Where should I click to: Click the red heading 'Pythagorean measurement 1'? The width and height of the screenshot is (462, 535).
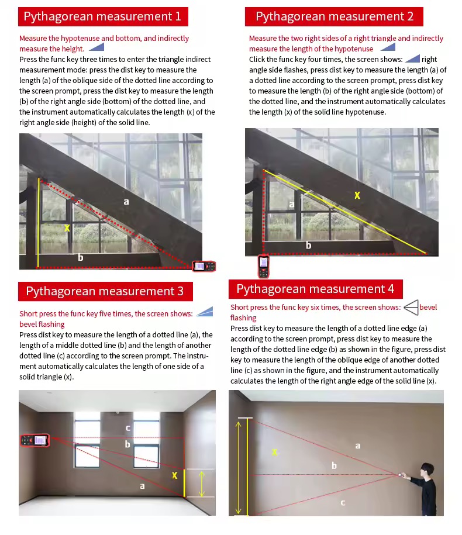click(x=102, y=16)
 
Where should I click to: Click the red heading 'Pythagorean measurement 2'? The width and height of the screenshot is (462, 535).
click(x=335, y=16)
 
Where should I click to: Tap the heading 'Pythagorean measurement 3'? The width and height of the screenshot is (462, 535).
click(x=105, y=291)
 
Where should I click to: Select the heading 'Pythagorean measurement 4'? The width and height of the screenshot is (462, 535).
click(x=315, y=289)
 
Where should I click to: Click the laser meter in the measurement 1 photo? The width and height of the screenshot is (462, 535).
click(x=204, y=266)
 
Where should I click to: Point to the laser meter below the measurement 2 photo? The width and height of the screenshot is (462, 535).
click(x=264, y=266)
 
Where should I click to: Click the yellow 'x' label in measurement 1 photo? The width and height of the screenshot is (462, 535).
click(x=67, y=227)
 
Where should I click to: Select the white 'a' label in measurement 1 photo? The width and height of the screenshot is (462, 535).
click(x=126, y=202)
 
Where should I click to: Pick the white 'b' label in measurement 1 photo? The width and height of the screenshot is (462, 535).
click(x=80, y=257)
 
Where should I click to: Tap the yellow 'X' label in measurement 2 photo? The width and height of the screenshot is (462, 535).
click(x=357, y=195)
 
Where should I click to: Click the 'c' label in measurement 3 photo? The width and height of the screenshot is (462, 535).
click(x=128, y=428)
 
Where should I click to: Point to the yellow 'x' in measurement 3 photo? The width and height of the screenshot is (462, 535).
click(x=174, y=475)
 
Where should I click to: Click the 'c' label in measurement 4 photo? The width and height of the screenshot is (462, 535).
click(x=343, y=502)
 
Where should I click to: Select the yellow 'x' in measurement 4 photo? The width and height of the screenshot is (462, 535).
click(x=274, y=452)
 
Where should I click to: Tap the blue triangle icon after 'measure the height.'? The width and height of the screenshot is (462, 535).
click(x=96, y=48)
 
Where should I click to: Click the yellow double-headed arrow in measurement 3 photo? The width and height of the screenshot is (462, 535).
click(x=202, y=483)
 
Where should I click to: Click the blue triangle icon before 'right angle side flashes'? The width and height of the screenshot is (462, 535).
click(x=412, y=59)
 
